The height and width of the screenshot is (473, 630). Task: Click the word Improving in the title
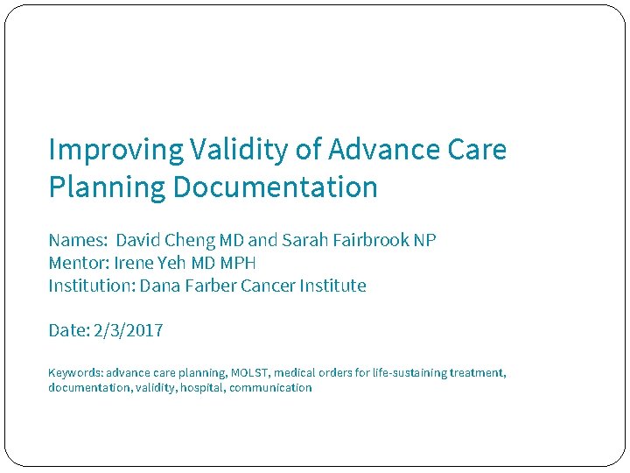115,151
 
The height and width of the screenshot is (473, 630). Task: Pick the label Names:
78,240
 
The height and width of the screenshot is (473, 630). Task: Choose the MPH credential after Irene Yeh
238,263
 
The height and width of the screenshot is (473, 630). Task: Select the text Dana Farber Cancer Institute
253,286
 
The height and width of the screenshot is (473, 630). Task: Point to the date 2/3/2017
128,330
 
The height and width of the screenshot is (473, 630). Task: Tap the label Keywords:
75,372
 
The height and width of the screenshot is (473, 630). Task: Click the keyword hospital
202,387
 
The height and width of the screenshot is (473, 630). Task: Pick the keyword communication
270,387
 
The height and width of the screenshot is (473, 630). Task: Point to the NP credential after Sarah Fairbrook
424,240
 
